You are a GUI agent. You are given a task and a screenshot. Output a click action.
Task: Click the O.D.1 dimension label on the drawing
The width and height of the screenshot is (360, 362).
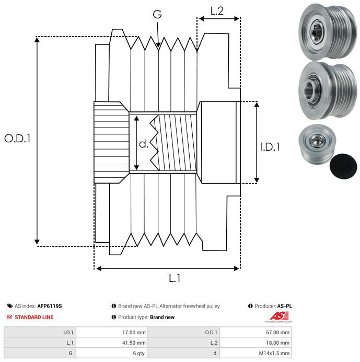point(18,139)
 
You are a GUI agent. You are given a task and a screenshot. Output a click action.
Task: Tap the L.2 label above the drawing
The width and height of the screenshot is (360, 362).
point(217,11)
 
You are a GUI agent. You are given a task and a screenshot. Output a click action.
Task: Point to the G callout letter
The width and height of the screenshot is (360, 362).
point(157,14)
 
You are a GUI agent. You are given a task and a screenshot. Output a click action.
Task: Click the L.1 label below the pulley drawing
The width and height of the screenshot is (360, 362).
point(175,278)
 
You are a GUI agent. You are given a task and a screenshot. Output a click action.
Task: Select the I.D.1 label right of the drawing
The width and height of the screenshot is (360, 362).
point(270,147)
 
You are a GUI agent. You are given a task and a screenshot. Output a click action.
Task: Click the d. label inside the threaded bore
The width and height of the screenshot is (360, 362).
point(144,144)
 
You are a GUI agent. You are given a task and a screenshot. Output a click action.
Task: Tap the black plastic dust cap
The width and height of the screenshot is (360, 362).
point(343,166)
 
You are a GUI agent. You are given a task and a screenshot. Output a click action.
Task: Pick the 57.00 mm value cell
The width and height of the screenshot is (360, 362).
point(277,333)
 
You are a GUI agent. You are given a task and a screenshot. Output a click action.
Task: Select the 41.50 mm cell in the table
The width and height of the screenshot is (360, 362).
point(134,343)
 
